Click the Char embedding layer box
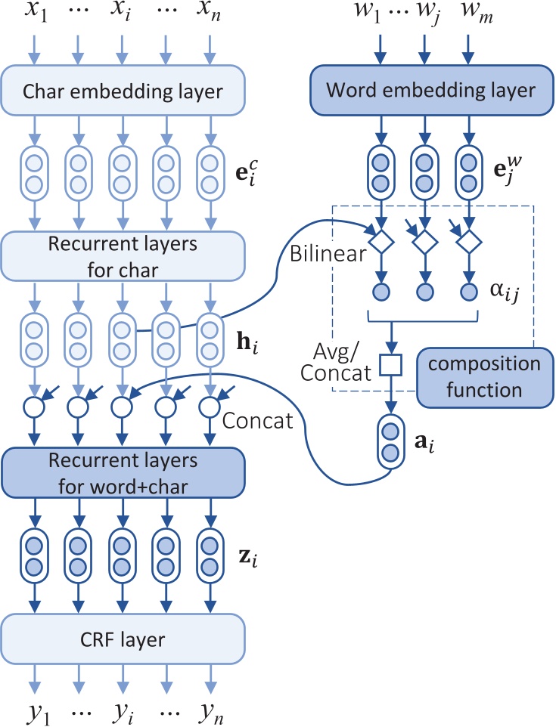click(x=124, y=92)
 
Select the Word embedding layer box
click(x=430, y=91)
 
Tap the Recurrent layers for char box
click(x=124, y=255)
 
